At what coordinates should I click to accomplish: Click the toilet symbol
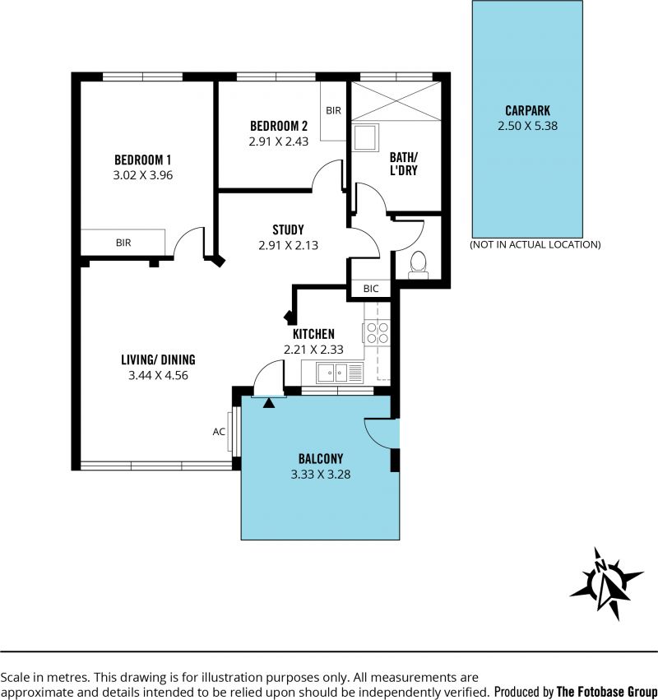(419, 265)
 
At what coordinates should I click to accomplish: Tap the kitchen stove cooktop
(377, 332)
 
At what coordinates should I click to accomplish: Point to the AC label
(219, 432)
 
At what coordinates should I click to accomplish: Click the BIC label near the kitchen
(371, 289)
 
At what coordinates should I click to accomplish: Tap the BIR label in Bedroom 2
(333, 110)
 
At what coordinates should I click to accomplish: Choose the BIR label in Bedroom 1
(123, 243)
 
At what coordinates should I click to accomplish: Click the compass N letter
(601, 566)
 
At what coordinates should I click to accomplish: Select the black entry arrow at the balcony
(269, 403)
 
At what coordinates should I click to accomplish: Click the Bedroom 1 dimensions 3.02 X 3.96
(143, 175)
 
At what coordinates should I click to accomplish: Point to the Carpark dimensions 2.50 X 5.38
(528, 126)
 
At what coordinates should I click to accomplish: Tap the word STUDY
(289, 230)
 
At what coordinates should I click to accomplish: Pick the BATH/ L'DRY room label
(404, 164)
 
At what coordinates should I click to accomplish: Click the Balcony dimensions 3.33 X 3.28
(321, 474)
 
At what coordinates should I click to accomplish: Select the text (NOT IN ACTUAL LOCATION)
(535, 244)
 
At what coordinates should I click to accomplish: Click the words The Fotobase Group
(607, 692)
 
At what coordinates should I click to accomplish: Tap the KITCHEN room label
(313, 334)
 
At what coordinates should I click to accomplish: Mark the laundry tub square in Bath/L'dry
(366, 137)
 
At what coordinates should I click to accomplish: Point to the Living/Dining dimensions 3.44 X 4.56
(158, 375)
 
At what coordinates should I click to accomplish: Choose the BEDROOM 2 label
(279, 126)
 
